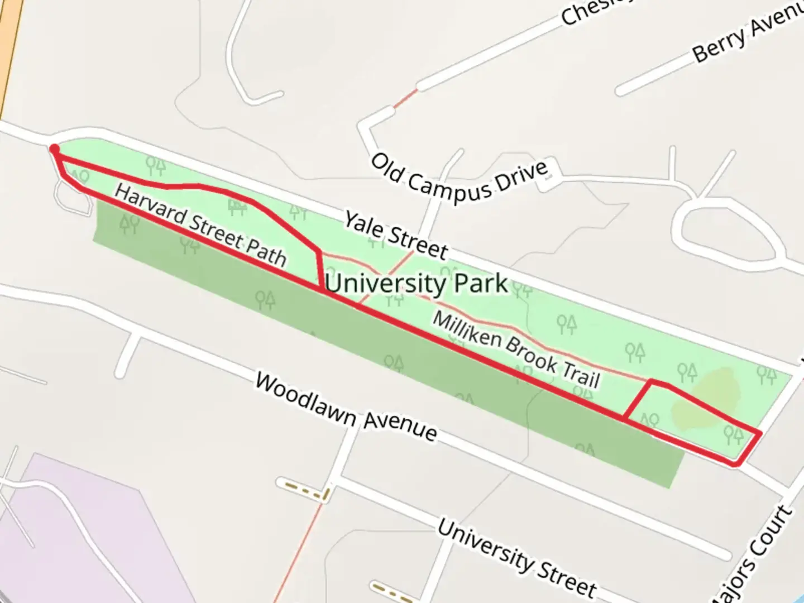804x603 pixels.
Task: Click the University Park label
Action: [416, 284]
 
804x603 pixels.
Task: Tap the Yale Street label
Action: [395, 236]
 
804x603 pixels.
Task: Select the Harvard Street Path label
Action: [200, 226]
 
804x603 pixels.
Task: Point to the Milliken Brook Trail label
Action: [516, 350]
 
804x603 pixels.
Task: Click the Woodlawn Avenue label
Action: [346, 408]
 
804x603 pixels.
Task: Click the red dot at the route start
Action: [54, 149]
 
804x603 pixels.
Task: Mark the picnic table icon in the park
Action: [238, 207]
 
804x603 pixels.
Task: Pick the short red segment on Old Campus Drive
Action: [405, 99]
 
